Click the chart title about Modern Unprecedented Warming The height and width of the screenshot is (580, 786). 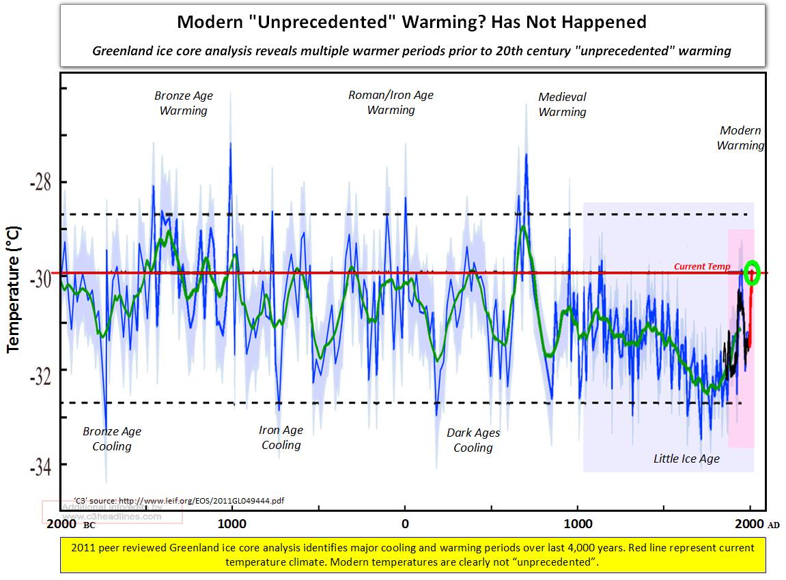coord(411,22)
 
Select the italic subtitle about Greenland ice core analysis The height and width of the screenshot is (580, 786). coord(412,51)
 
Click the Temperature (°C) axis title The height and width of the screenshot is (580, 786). coord(13,289)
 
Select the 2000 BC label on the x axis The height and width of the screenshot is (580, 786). coord(72,524)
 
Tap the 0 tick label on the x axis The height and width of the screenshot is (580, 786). coord(405,524)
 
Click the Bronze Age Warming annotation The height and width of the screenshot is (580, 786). coord(183,103)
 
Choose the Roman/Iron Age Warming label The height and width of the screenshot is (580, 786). coord(391,102)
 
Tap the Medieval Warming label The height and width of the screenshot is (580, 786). coord(562,104)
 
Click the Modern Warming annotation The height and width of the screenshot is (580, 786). coord(740,138)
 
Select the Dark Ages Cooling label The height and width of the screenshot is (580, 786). coord(473,440)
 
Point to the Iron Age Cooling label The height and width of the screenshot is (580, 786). coord(281,437)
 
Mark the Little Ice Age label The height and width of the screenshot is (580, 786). coord(686,459)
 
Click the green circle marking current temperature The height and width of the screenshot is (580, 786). coord(752,272)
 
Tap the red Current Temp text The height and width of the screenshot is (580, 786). coord(702,267)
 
